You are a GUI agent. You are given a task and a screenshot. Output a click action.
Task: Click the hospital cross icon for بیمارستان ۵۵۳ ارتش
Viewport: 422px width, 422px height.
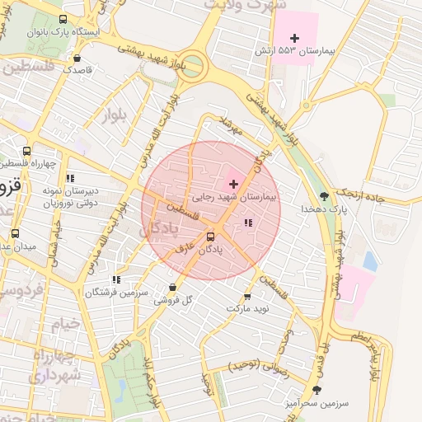(x=294, y=38)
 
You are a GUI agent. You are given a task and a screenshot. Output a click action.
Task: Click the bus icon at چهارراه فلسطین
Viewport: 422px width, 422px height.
(x=27, y=152)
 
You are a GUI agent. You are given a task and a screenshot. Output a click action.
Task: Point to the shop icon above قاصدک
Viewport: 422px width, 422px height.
(x=77, y=59)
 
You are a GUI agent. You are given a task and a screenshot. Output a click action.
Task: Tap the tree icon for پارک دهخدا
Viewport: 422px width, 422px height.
(x=324, y=196)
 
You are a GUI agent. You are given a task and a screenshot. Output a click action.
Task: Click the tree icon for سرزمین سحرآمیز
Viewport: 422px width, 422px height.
(x=316, y=390)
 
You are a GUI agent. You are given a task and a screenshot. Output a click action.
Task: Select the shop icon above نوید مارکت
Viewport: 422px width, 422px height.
(x=247, y=296)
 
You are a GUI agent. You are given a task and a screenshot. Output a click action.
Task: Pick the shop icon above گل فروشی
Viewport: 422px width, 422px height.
(x=172, y=288)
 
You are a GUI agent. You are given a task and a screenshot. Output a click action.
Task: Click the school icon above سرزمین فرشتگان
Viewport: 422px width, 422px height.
(x=116, y=280)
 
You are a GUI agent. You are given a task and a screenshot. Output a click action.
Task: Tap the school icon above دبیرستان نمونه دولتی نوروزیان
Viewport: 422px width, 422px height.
(x=70, y=177)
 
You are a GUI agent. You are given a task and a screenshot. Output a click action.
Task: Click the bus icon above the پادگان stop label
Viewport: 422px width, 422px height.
(x=210, y=237)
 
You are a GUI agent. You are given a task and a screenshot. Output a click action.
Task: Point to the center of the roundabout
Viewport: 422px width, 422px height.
(x=192, y=66)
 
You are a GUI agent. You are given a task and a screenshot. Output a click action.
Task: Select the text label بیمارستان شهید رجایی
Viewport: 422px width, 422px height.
(x=236, y=198)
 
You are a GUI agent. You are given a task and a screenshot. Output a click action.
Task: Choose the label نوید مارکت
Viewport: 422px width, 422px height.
(x=248, y=307)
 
